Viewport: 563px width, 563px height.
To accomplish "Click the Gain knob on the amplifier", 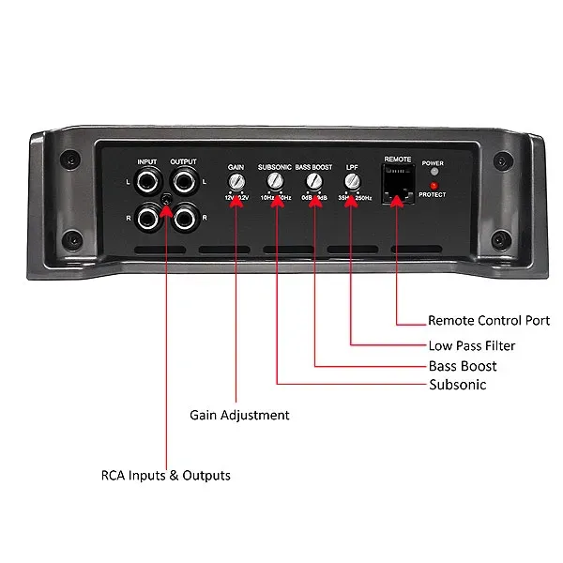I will pyautogui.click(x=236, y=180).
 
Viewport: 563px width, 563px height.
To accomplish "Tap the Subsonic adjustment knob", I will pyautogui.click(x=276, y=180).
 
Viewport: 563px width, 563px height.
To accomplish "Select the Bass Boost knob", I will pyautogui.click(x=314, y=180).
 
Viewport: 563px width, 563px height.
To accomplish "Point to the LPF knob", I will pyautogui.click(x=352, y=180).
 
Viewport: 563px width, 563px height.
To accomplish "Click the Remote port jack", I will pyautogui.click(x=398, y=179).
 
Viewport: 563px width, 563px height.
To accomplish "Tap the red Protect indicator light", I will pyautogui.click(x=433, y=184).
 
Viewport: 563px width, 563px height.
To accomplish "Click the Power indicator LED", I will pyautogui.click(x=433, y=173).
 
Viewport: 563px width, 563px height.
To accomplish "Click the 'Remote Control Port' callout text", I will pyautogui.click(x=488, y=321).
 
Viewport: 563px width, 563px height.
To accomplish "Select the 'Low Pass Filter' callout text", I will pyautogui.click(x=471, y=345).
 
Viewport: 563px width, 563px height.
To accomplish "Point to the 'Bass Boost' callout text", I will pyautogui.click(x=463, y=366).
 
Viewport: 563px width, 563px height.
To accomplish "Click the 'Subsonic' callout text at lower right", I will pyautogui.click(x=457, y=385).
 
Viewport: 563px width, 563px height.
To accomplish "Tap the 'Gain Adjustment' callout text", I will pyautogui.click(x=239, y=415).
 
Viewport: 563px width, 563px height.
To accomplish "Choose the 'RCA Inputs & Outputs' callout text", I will pyautogui.click(x=165, y=476).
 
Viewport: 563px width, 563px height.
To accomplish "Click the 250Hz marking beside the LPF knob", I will pyautogui.click(x=363, y=198).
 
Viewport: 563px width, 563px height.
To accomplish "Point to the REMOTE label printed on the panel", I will pyautogui.click(x=398, y=160).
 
